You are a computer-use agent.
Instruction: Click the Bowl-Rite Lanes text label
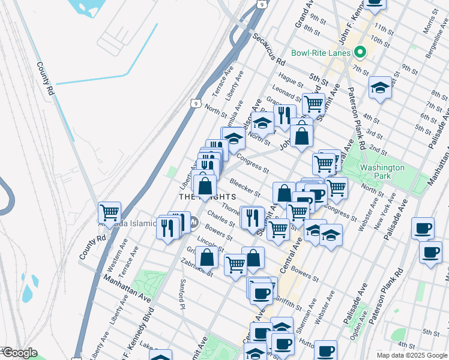[321, 53]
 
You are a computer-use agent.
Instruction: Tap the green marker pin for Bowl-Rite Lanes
[360, 52]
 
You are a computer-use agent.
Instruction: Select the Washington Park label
[382, 172]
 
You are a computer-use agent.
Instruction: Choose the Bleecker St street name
[244, 187]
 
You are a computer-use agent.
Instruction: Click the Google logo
[19, 353]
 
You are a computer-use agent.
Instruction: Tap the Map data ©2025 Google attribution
[411, 355]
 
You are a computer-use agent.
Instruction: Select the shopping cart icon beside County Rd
[109, 212]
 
